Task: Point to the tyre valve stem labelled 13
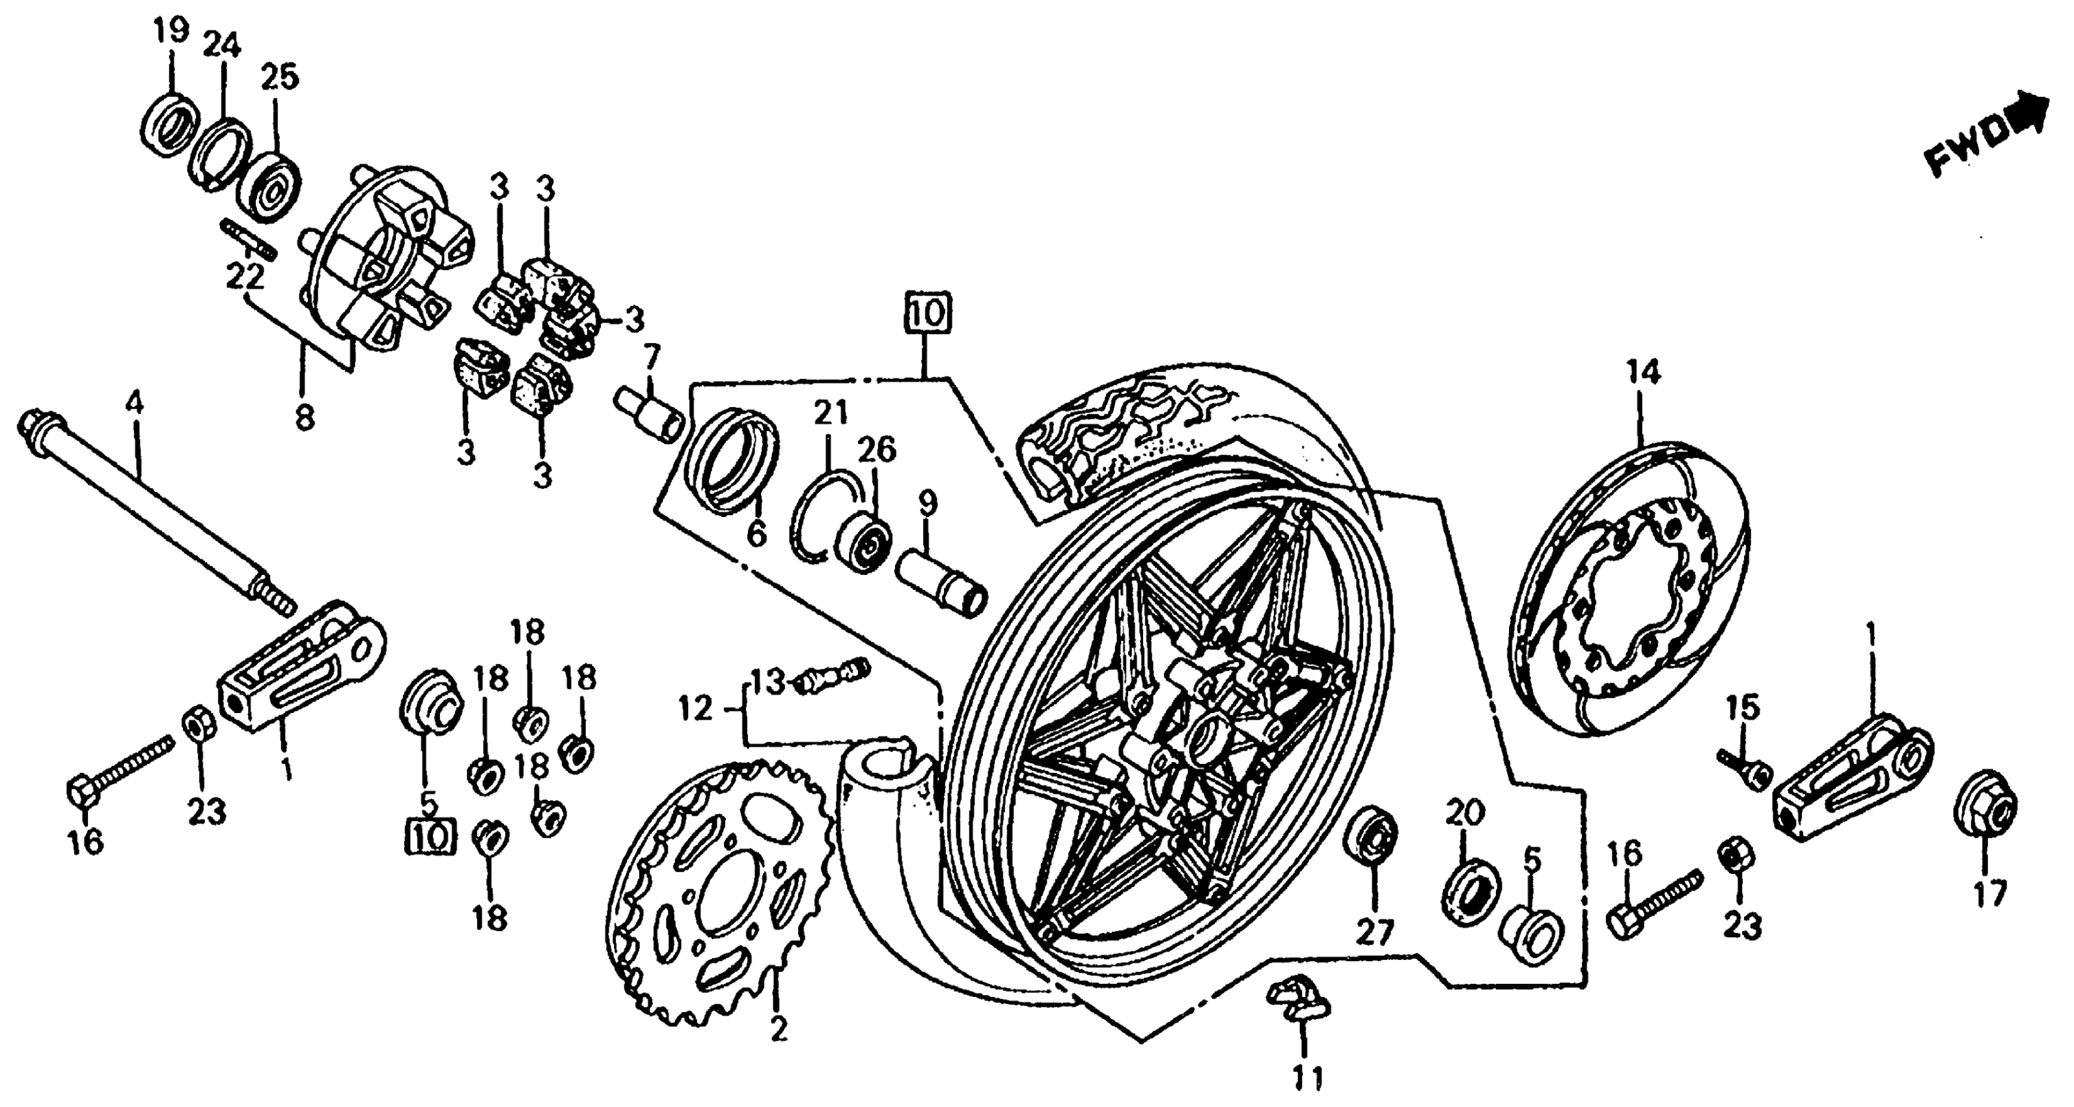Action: coord(833,675)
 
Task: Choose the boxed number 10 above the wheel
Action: coord(928,313)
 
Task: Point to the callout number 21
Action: coord(831,413)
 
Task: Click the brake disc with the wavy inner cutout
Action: coord(1631,588)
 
